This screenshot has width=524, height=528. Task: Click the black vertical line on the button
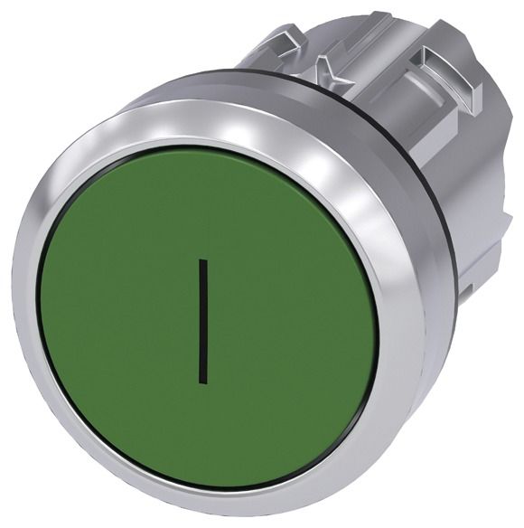pyautogui.click(x=203, y=321)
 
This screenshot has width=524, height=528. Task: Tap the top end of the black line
pyautogui.click(x=203, y=259)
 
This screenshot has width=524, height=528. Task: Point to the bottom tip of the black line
pyautogui.click(x=203, y=383)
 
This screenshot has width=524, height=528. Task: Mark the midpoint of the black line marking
pyautogui.click(x=203, y=321)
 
